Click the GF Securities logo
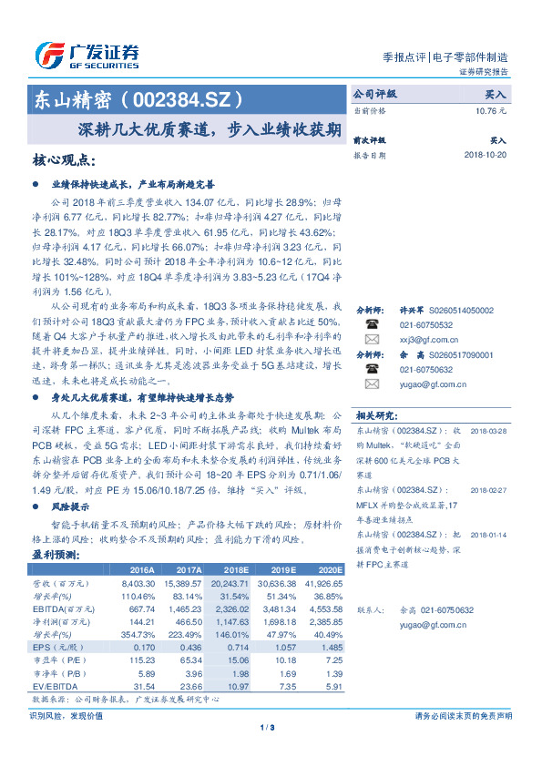coord(87,56)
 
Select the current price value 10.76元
coord(491,110)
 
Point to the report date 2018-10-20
coord(485,156)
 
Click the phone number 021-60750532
coord(425,324)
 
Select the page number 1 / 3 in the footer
coord(268,727)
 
